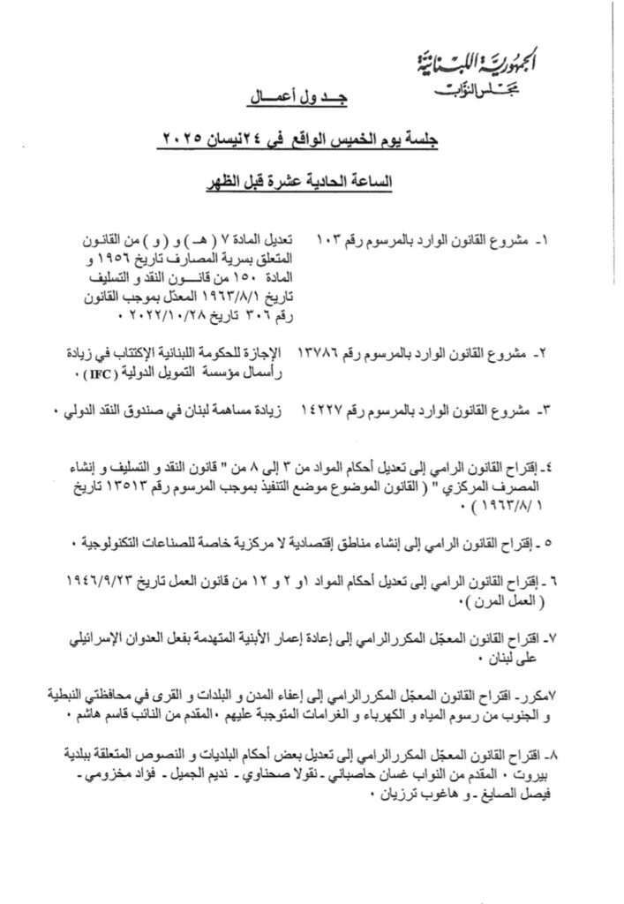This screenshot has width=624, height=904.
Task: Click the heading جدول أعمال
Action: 288,104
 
